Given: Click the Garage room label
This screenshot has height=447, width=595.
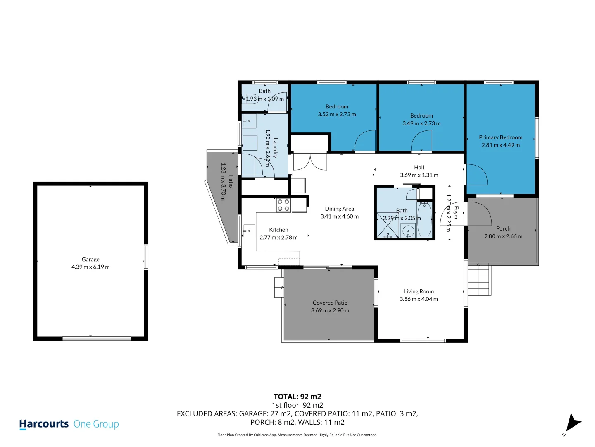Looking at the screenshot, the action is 90,259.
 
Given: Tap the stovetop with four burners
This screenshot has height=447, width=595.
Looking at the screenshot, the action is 283,205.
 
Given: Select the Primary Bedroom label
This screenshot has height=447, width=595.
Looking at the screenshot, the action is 500,137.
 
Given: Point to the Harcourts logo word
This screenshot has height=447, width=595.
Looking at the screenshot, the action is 44,424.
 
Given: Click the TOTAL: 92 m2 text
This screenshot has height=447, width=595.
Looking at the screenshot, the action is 297,397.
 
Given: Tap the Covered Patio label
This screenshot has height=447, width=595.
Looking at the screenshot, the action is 330,303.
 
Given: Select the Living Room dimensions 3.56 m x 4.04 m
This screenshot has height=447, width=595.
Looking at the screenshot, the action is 419,299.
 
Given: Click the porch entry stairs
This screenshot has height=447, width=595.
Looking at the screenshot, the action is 479,280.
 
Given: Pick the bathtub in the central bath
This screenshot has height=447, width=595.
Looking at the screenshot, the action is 424,220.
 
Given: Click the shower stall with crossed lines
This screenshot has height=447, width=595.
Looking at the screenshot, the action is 388,225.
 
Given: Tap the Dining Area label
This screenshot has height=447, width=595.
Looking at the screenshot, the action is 339,209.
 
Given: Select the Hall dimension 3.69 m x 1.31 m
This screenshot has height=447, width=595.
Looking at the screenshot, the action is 419,175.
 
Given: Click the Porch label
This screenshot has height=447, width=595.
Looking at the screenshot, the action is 503,228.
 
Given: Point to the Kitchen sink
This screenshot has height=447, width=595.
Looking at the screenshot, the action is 249,231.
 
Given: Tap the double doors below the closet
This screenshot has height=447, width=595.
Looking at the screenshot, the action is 310,162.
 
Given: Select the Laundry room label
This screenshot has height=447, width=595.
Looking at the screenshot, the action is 275,148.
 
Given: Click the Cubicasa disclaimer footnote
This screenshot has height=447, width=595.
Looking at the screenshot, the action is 297,435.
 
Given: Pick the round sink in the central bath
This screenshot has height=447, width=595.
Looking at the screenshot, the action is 408,231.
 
